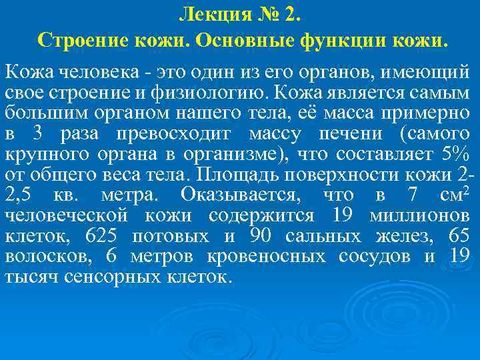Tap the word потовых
click(x=169, y=236)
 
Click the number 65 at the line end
click(x=459, y=236)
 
